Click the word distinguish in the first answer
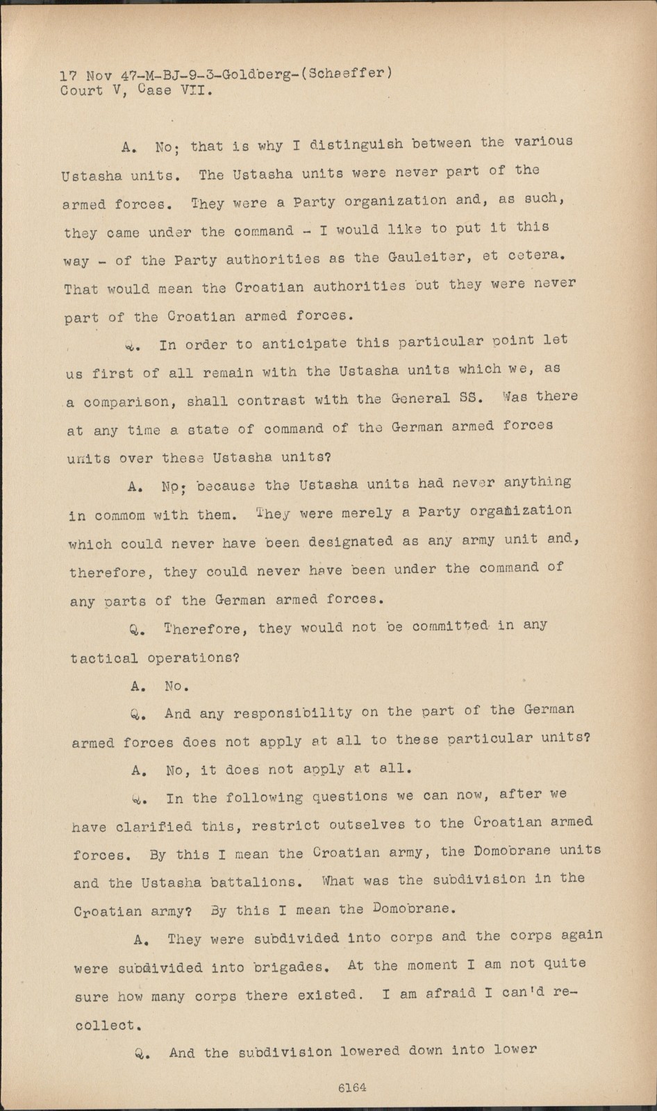(356, 144)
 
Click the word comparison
(126, 402)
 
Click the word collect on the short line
(103, 1025)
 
